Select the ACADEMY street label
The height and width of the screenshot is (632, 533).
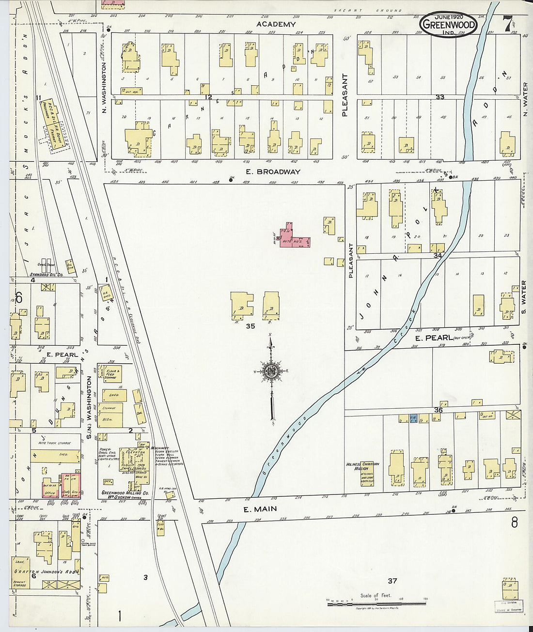276,24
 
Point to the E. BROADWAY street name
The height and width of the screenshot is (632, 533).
273,171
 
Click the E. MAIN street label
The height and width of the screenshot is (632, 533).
253,509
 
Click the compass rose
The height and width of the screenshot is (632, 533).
270,372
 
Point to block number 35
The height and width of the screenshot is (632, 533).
250,326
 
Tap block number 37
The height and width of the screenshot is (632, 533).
392,580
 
